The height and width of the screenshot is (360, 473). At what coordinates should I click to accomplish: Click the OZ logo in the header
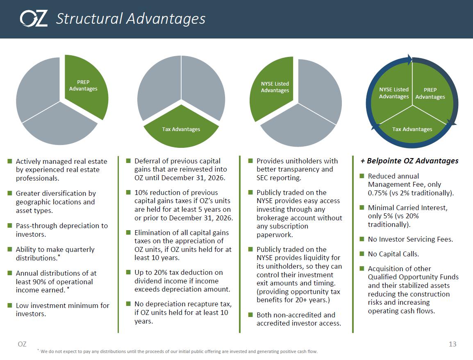[34, 19]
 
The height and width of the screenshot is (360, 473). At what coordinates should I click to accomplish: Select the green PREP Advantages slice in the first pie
[86, 86]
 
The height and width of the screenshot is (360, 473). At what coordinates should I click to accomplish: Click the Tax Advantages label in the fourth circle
[412, 129]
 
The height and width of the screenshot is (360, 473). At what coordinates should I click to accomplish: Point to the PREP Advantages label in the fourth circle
[430, 93]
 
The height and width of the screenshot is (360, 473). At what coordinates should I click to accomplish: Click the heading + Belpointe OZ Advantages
[409, 161]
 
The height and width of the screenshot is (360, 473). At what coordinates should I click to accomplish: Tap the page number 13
[453, 344]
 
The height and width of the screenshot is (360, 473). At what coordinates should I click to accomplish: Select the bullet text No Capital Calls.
[393, 254]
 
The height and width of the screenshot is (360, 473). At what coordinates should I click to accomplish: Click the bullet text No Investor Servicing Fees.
[410, 240]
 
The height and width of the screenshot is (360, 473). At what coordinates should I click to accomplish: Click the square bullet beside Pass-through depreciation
[10, 226]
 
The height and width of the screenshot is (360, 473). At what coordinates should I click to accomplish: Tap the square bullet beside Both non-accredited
[250, 315]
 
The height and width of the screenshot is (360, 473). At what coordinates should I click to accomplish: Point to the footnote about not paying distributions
[177, 351]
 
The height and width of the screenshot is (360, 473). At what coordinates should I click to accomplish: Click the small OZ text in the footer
[22, 344]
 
